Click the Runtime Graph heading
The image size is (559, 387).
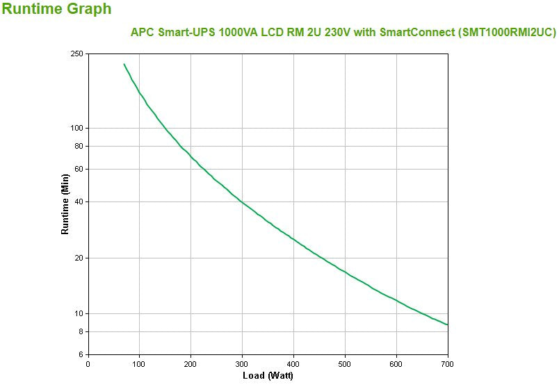click(56, 10)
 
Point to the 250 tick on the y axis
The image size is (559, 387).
click(76, 54)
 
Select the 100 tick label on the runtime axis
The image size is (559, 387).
click(76, 128)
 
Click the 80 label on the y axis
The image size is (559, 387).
click(79, 146)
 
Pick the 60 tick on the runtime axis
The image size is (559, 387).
click(79, 169)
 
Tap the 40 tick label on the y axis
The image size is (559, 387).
click(79, 201)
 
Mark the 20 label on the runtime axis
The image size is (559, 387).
click(79, 258)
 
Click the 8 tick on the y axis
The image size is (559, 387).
click(81, 331)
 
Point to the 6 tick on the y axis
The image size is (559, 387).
click(81, 354)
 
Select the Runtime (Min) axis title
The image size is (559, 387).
click(65, 204)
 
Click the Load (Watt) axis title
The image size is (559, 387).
click(268, 376)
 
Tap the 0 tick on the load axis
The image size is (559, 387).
click(88, 363)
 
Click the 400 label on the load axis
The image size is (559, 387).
click(293, 363)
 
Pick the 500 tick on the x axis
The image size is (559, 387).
click(345, 363)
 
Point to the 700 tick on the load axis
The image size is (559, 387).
click(448, 363)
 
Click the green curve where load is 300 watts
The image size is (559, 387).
click(242, 202)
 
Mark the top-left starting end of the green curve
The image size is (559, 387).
click(124, 65)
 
